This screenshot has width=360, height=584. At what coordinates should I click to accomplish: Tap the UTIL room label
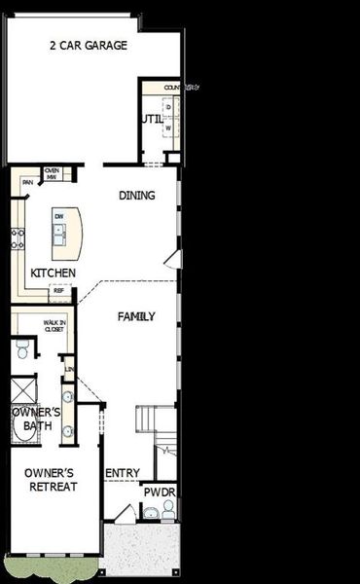point(151,120)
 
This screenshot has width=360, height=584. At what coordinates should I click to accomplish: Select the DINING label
point(137,196)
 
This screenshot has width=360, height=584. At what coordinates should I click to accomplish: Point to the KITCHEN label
point(53,273)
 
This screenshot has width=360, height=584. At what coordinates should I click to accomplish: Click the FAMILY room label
point(136,317)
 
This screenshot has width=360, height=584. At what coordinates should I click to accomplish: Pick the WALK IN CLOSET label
point(54,326)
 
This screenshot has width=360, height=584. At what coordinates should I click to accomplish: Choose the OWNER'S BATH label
point(36,420)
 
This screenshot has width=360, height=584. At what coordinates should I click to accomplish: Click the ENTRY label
point(123,474)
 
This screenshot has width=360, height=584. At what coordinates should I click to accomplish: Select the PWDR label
point(159,493)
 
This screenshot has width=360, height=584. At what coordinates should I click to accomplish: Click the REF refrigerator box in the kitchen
point(58,290)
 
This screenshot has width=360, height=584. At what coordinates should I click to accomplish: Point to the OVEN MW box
point(52,173)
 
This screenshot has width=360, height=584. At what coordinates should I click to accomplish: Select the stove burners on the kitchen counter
point(17,237)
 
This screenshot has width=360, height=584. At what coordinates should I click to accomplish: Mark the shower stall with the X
point(22,391)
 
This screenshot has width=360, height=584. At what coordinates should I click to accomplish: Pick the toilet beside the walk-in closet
point(22,348)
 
